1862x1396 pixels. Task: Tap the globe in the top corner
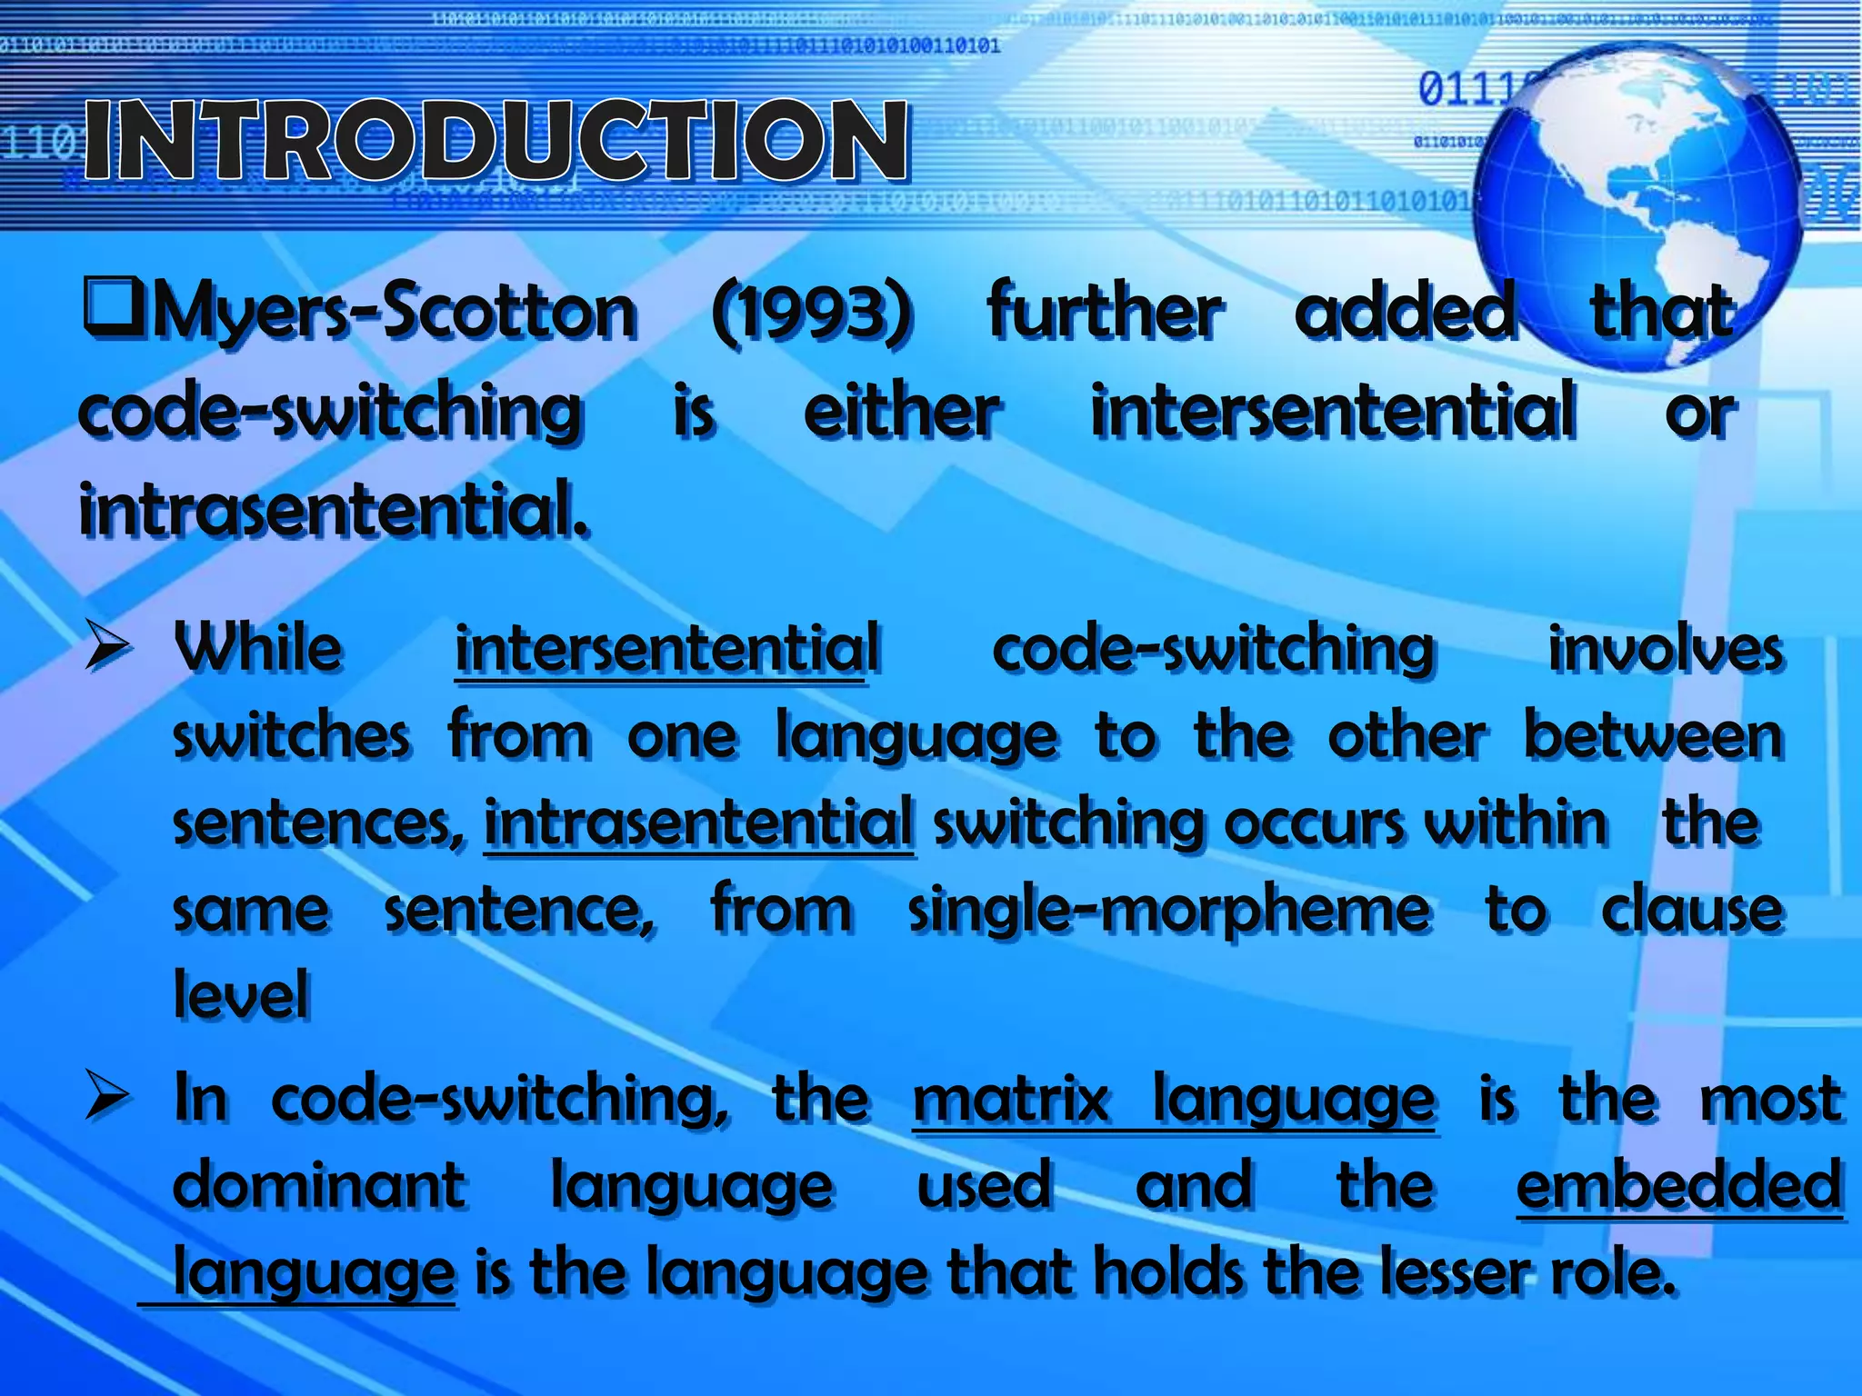point(1637,204)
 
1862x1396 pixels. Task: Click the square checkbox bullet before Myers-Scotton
point(113,305)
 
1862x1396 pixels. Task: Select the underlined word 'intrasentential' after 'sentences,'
point(698,823)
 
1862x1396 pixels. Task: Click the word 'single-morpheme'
point(1169,911)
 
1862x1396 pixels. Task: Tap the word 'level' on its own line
point(241,994)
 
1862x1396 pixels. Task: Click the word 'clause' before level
point(1691,911)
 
